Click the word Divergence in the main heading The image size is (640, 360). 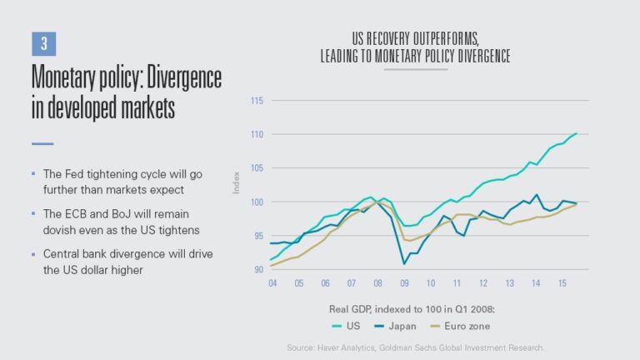coord(177,78)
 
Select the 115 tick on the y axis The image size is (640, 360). coord(257,101)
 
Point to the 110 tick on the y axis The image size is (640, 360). coord(257,134)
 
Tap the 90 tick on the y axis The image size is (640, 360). coord(257,269)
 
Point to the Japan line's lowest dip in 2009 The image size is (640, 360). coord(404,264)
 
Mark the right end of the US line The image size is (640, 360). coord(577,133)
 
